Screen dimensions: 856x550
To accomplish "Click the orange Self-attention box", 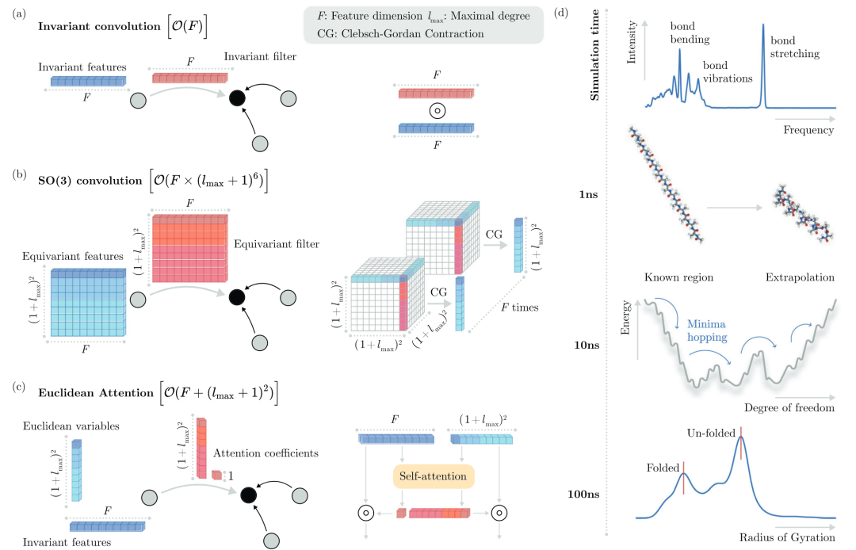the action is point(434,476).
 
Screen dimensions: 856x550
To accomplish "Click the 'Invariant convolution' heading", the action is point(99,26).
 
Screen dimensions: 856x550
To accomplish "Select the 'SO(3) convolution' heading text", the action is point(90,181).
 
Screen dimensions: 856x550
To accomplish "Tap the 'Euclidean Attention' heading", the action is point(96,393).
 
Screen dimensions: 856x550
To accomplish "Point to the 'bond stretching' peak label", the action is point(795,47).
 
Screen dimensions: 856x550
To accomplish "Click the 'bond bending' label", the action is point(690,32).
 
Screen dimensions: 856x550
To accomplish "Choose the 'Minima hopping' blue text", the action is point(707,330).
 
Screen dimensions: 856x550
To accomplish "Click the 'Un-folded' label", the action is point(711,434).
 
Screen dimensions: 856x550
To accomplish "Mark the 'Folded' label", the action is point(663,468).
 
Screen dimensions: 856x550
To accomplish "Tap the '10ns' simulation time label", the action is point(587,345).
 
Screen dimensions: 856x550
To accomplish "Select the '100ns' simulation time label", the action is point(583,494).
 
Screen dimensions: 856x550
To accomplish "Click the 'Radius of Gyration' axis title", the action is point(787,537).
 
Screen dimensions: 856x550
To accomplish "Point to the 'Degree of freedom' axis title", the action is point(789,407).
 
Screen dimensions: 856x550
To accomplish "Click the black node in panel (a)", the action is point(237,98).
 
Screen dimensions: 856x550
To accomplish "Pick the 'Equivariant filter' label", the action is point(277,244).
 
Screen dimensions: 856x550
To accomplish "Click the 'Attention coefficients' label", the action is point(266,453).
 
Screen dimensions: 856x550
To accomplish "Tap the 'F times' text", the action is point(520,307).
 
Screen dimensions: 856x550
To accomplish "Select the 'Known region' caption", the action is point(678,277).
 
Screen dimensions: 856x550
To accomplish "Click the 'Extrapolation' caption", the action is point(800,277).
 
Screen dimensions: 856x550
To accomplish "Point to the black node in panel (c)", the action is point(248,495).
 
